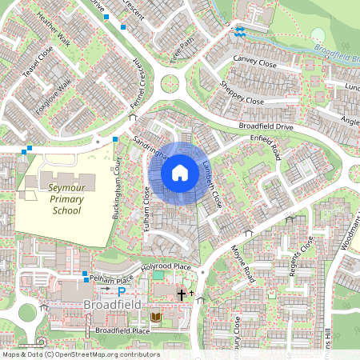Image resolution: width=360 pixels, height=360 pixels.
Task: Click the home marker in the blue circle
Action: pyautogui.click(x=180, y=172)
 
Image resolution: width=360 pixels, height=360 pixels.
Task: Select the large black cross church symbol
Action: pyautogui.click(x=182, y=295)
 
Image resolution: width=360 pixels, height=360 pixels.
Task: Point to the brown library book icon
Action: pyautogui.click(x=155, y=318)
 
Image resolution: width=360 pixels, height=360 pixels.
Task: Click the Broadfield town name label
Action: pyautogui.click(x=112, y=306)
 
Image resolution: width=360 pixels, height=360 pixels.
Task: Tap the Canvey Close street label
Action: pyautogui.click(x=254, y=61)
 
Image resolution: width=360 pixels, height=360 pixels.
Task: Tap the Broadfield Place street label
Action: pyautogui.click(x=122, y=330)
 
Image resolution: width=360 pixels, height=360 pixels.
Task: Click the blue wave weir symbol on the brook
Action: pyautogui.click(x=240, y=32)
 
